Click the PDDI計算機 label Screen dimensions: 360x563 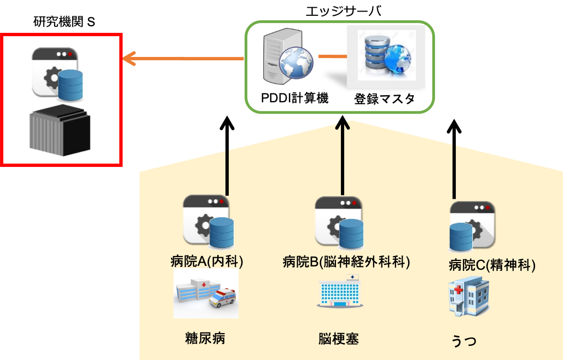click(294, 98)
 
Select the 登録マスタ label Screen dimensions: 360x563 click(384, 99)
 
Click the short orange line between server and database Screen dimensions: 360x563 click(333, 56)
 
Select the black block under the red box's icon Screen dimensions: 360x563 click(60, 131)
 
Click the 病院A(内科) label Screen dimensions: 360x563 click(207, 262)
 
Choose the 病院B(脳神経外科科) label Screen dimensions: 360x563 click(346, 262)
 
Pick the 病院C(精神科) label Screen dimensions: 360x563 click(491, 266)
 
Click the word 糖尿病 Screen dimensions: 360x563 click(205, 338)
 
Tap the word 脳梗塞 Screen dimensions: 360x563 click(339, 339)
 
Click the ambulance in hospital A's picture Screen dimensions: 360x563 click(222, 299)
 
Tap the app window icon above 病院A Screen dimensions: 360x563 click(207, 219)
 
